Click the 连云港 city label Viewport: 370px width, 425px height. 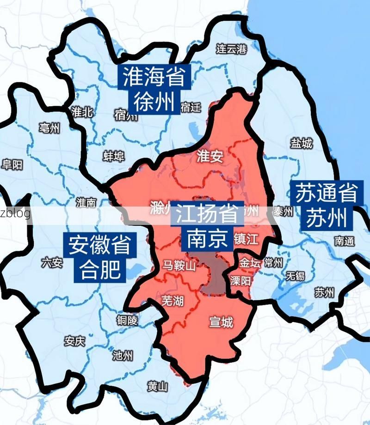(232, 49)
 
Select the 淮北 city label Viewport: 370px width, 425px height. (83, 111)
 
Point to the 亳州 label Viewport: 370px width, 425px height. (50, 128)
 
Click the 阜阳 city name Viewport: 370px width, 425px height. (12, 164)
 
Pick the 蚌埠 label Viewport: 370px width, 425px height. (114, 157)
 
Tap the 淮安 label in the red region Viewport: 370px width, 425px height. (210, 157)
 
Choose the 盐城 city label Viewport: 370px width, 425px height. (302, 144)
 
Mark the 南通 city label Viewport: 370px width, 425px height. (345, 241)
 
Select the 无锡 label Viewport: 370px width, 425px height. (295, 276)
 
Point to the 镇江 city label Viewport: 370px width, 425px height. (246, 239)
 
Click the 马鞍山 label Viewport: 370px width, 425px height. (179, 265)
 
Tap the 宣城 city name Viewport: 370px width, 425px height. (221, 322)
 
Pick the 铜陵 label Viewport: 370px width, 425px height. (127, 320)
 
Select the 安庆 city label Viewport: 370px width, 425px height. (74, 341)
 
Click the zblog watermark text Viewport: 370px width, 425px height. (15, 213)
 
